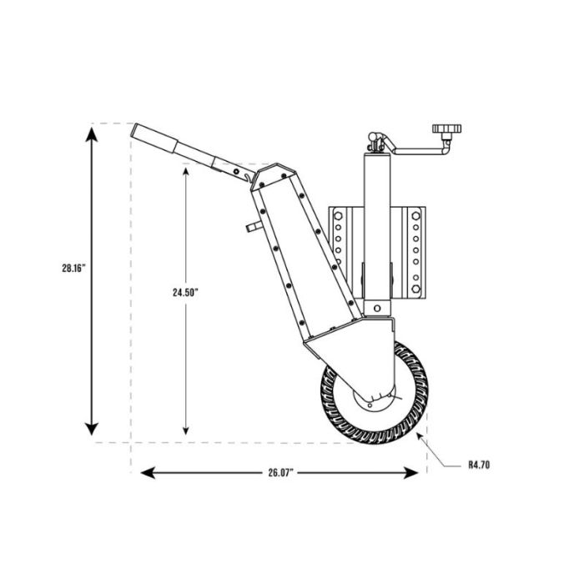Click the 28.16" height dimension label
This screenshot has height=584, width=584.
[74, 269]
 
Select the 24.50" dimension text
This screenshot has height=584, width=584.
[184, 292]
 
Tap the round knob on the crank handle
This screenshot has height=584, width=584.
[446, 130]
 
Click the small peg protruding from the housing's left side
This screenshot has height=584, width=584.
[249, 226]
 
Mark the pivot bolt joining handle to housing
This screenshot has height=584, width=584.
[239, 174]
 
